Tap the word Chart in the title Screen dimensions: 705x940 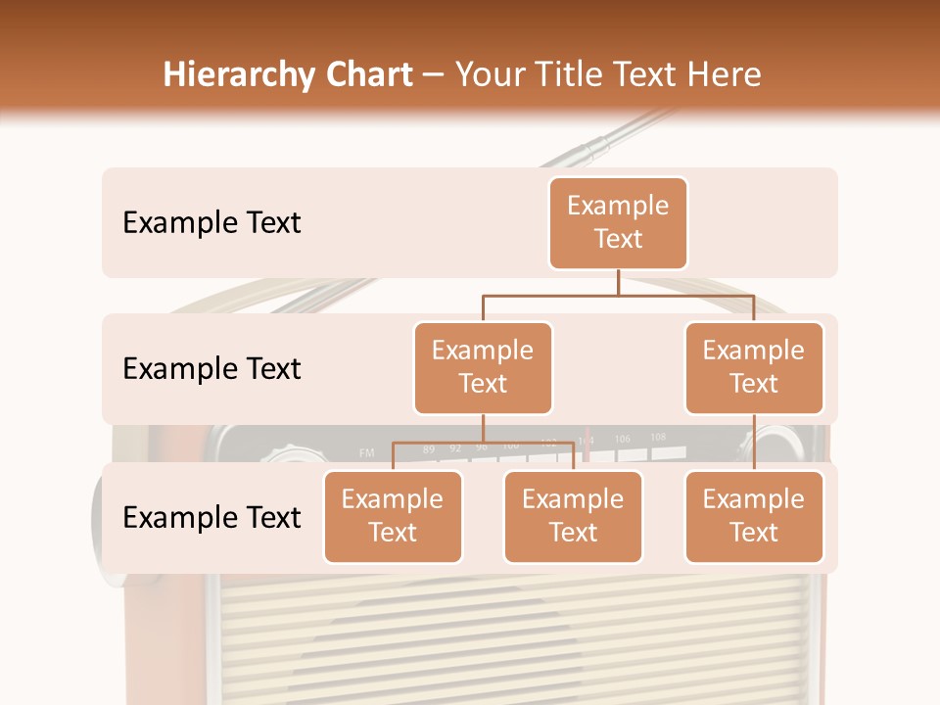tap(363, 75)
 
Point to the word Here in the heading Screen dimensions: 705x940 tap(723, 75)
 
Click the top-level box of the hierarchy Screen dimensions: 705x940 tap(618, 223)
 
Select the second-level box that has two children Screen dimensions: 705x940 tap(483, 367)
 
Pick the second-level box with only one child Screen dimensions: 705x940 tap(754, 367)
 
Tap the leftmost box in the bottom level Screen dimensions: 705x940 tap(393, 516)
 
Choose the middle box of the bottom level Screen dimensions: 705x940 tap(573, 516)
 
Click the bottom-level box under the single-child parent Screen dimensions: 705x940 tap(754, 516)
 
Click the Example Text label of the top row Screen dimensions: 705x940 tap(211, 223)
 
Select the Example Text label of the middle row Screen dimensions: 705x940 tap(211, 369)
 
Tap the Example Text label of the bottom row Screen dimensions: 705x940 tap(211, 517)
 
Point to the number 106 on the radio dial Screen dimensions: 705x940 tap(623, 439)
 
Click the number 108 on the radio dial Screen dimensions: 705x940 tap(658, 437)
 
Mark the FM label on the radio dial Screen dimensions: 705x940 tap(367, 452)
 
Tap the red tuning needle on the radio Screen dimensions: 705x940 tap(587, 443)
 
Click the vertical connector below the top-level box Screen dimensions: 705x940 tap(618, 282)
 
